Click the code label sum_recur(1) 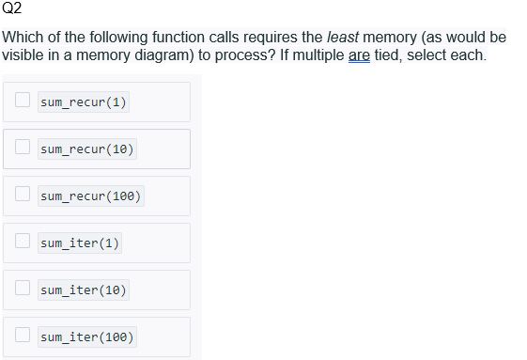coord(84,102)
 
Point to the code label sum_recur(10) coord(87,149)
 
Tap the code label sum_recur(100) coord(91,196)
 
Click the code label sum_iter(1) coord(80,243)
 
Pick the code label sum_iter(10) coord(84,290)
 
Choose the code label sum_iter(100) coord(87,337)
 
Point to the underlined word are coord(358,55)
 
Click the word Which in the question coord(23,38)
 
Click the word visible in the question coord(23,55)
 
